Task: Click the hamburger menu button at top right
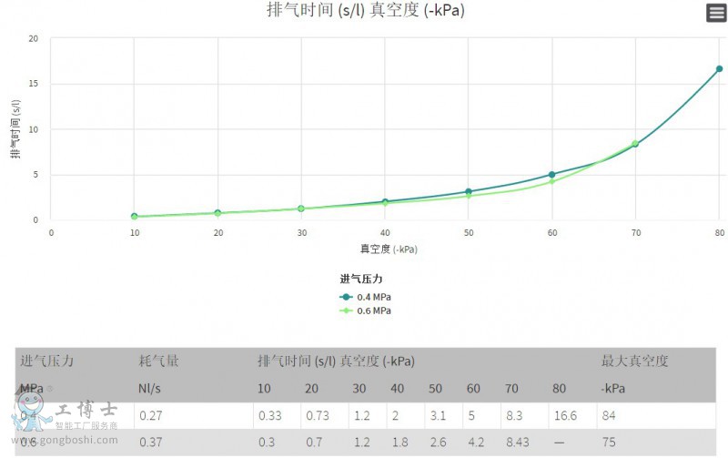(x=716, y=13)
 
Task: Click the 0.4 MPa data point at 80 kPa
(x=719, y=68)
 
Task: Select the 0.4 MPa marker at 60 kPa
(x=551, y=174)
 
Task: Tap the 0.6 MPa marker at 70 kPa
(x=635, y=143)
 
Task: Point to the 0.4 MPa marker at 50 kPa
(x=469, y=191)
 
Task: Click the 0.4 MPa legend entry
(x=366, y=297)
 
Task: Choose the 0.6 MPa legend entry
(x=366, y=310)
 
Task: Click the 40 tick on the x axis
(x=385, y=233)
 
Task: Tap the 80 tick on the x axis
(x=719, y=233)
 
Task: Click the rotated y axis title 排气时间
(x=15, y=127)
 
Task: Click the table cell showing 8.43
(x=520, y=443)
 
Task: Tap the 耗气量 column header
(x=158, y=361)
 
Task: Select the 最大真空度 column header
(x=634, y=361)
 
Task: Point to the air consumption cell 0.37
(x=150, y=443)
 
